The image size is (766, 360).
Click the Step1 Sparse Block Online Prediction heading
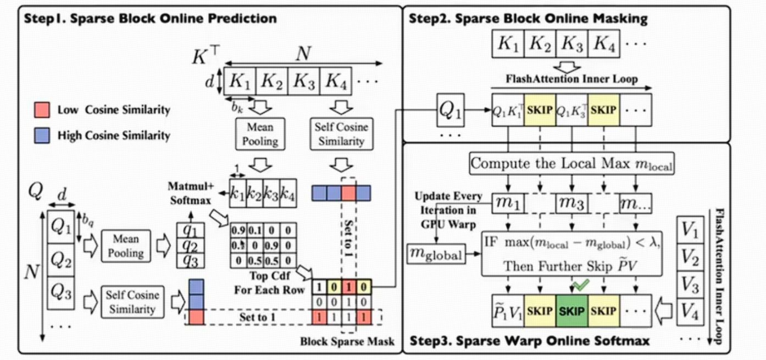(150, 19)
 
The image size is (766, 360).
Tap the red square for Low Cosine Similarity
(43, 109)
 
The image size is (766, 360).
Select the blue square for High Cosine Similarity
(43, 135)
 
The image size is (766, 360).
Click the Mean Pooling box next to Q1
(126, 246)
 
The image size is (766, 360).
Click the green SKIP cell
(572, 311)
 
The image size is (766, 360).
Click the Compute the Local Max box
(571, 164)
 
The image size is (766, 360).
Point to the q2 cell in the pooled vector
(190, 245)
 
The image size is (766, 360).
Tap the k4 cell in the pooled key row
(287, 193)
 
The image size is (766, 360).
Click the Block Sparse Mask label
(347, 342)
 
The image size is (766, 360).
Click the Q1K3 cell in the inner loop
(572, 110)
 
